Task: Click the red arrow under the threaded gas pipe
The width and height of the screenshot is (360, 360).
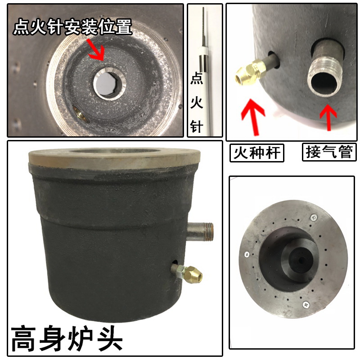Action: click(328, 116)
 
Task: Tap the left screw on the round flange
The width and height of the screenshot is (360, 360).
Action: click(247, 255)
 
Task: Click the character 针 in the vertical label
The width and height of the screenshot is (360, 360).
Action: click(197, 127)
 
